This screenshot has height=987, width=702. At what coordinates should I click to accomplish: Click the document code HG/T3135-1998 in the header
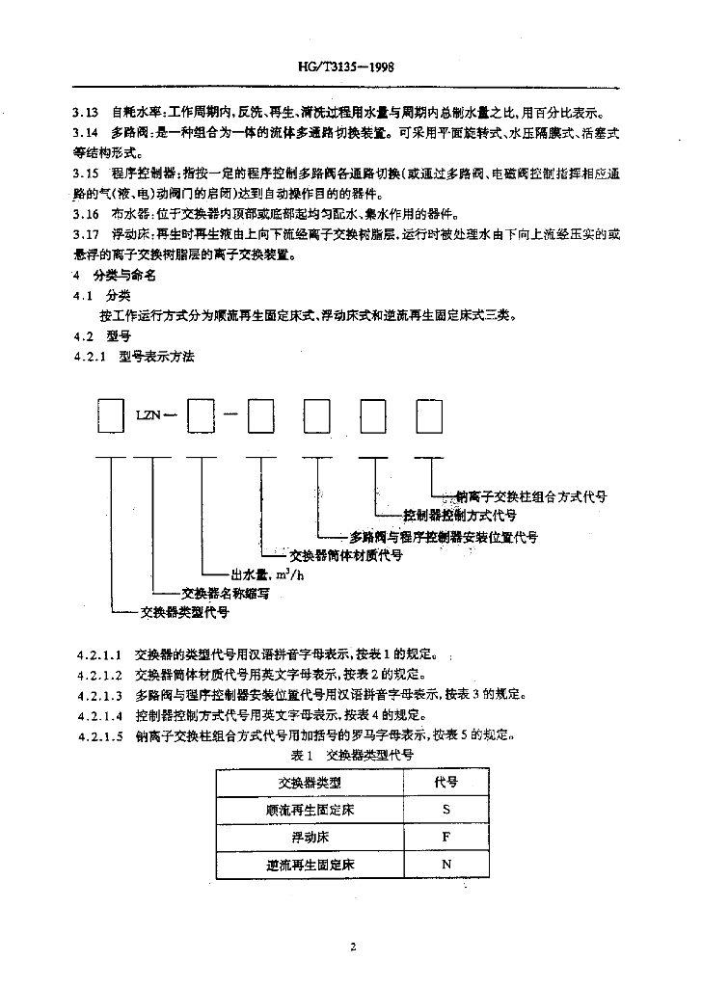tap(350, 70)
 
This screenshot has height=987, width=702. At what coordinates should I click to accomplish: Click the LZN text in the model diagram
tap(148, 417)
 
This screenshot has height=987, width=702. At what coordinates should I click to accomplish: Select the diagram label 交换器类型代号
tap(184, 611)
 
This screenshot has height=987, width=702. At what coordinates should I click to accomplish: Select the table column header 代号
tap(446, 782)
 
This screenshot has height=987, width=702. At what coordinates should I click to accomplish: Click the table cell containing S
tap(446, 810)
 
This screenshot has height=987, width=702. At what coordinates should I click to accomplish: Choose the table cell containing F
tap(446, 837)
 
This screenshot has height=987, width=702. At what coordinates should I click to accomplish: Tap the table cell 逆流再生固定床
tap(310, 865)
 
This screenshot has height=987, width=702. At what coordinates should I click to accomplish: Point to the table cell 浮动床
tap(310, 837)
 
